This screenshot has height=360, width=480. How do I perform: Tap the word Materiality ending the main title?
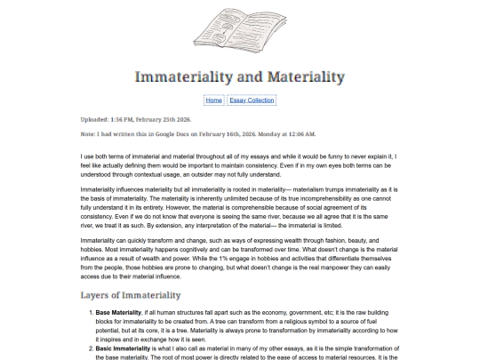point(301,76)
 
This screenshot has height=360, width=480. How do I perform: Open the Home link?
point(213,100)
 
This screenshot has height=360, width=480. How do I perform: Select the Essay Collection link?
point(252,100)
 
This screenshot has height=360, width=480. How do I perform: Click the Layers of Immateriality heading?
point(131,294)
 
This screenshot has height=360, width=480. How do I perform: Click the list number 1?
point(91,314)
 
